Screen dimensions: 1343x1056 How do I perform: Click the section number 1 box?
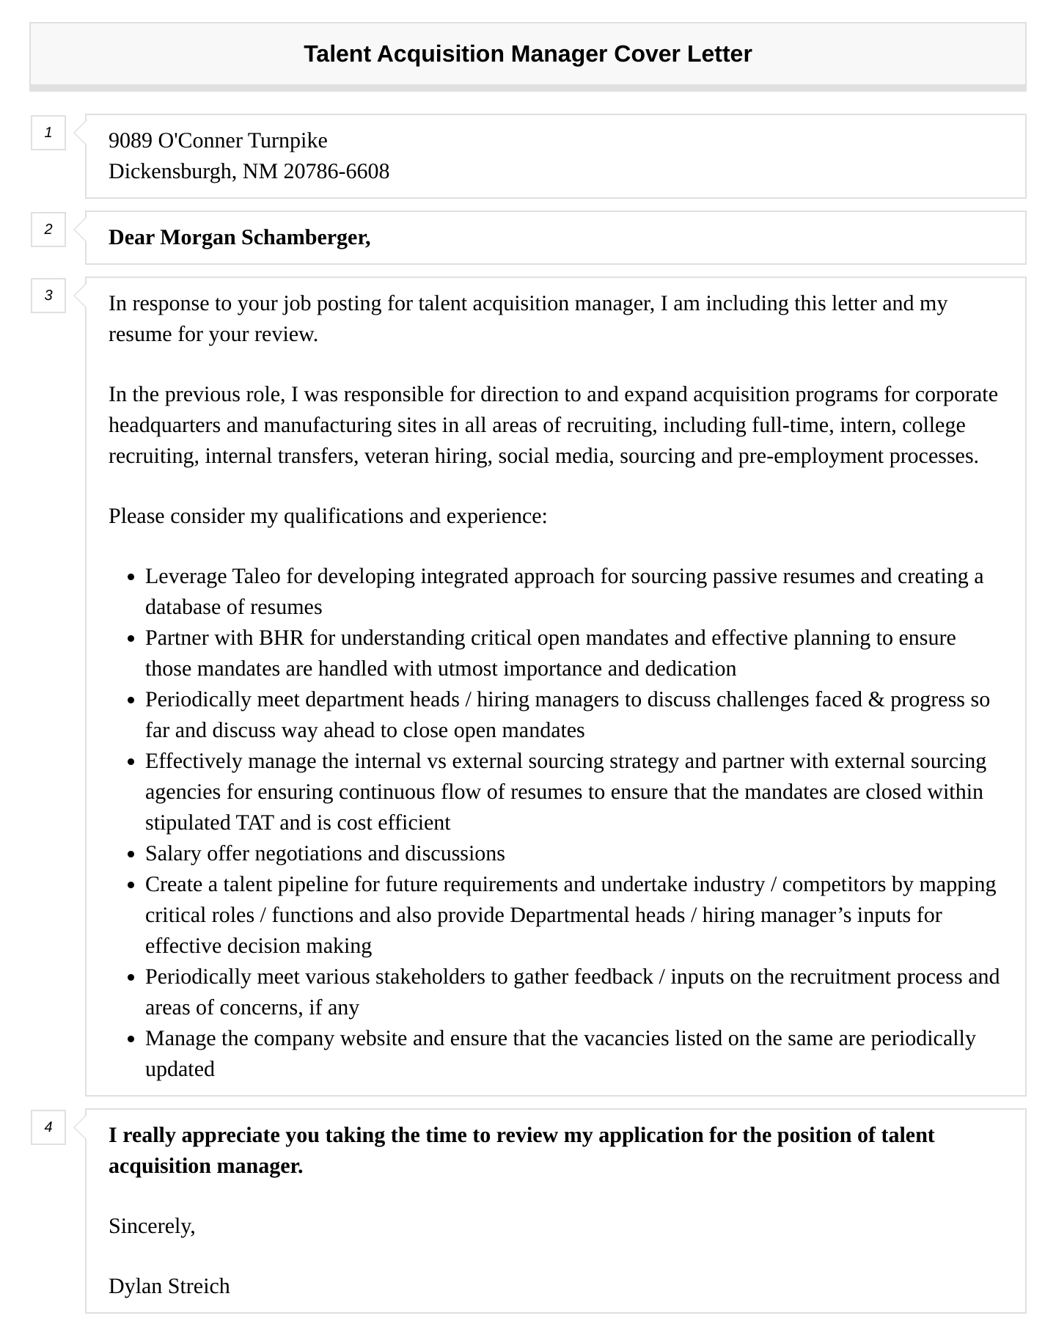(x=48, y=133)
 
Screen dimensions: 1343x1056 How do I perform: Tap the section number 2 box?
(x=48, y=230)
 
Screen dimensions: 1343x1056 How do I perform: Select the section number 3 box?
(x=48, y=296)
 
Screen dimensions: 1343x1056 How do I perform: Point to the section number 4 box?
(x=48, y=1127)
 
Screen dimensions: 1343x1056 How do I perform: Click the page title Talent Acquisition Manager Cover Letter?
(x=527, y=54)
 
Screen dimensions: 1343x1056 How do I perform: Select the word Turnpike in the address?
(x=287, y=141)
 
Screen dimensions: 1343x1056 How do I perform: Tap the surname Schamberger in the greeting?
(x=306, y=238)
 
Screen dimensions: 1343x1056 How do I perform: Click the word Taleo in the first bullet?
(x=256, y=577)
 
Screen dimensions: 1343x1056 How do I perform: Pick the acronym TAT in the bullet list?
(x=254, y=823)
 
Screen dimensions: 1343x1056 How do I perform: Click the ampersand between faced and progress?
(x=876, y=700)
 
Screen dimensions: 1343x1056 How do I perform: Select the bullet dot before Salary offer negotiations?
(x=131, y=855)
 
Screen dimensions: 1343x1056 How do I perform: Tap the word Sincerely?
(x=152, y=1226)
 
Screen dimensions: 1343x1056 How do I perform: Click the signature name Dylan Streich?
(x=169, y=1287)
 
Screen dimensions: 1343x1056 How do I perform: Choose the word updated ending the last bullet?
(x=180, y=1069)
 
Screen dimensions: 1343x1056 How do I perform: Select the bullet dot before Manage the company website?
(x=131, y=1039)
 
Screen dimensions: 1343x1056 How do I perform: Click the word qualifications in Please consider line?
(x=343, y=516)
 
